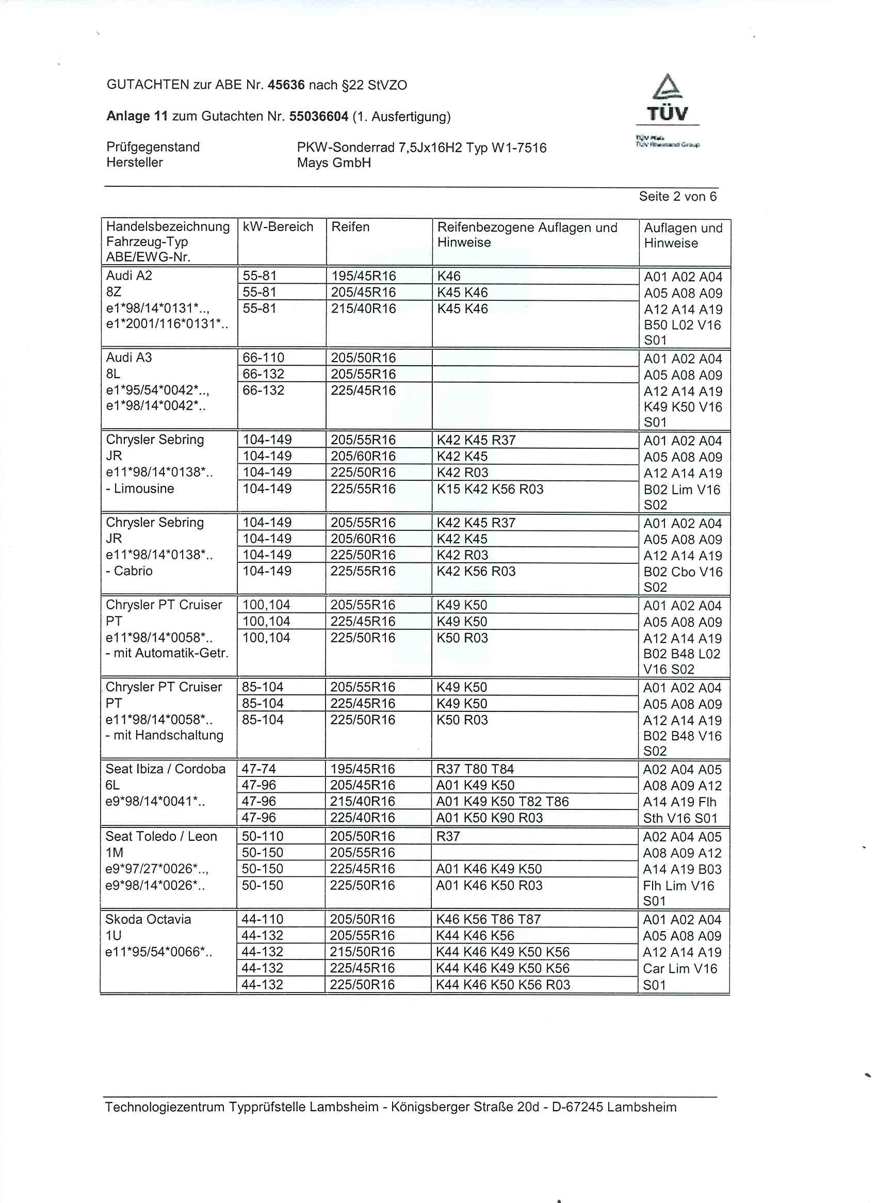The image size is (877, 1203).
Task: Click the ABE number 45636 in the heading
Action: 286,85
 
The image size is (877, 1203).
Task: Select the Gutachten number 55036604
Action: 318,116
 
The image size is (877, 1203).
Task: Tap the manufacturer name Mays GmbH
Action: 334,163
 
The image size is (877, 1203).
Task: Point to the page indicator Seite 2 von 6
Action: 677,197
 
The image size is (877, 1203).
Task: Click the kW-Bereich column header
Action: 278,227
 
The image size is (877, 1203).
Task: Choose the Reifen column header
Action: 350,227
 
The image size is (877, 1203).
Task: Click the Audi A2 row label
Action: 129,275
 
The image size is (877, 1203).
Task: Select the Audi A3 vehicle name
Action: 129,357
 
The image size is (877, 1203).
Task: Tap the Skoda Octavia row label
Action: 148,919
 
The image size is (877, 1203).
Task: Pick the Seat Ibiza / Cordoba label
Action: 166,769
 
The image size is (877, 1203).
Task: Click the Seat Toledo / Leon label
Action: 161,836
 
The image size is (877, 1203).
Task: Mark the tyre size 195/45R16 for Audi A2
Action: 364,276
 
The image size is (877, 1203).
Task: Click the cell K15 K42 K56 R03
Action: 490,489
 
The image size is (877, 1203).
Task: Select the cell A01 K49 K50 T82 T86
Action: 502,801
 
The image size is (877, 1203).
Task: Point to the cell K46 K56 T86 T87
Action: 489,919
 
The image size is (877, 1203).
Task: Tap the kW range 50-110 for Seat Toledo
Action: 263,836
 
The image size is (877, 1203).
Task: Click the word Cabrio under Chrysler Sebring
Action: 133,571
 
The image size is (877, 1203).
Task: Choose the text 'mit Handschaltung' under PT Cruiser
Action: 168,735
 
